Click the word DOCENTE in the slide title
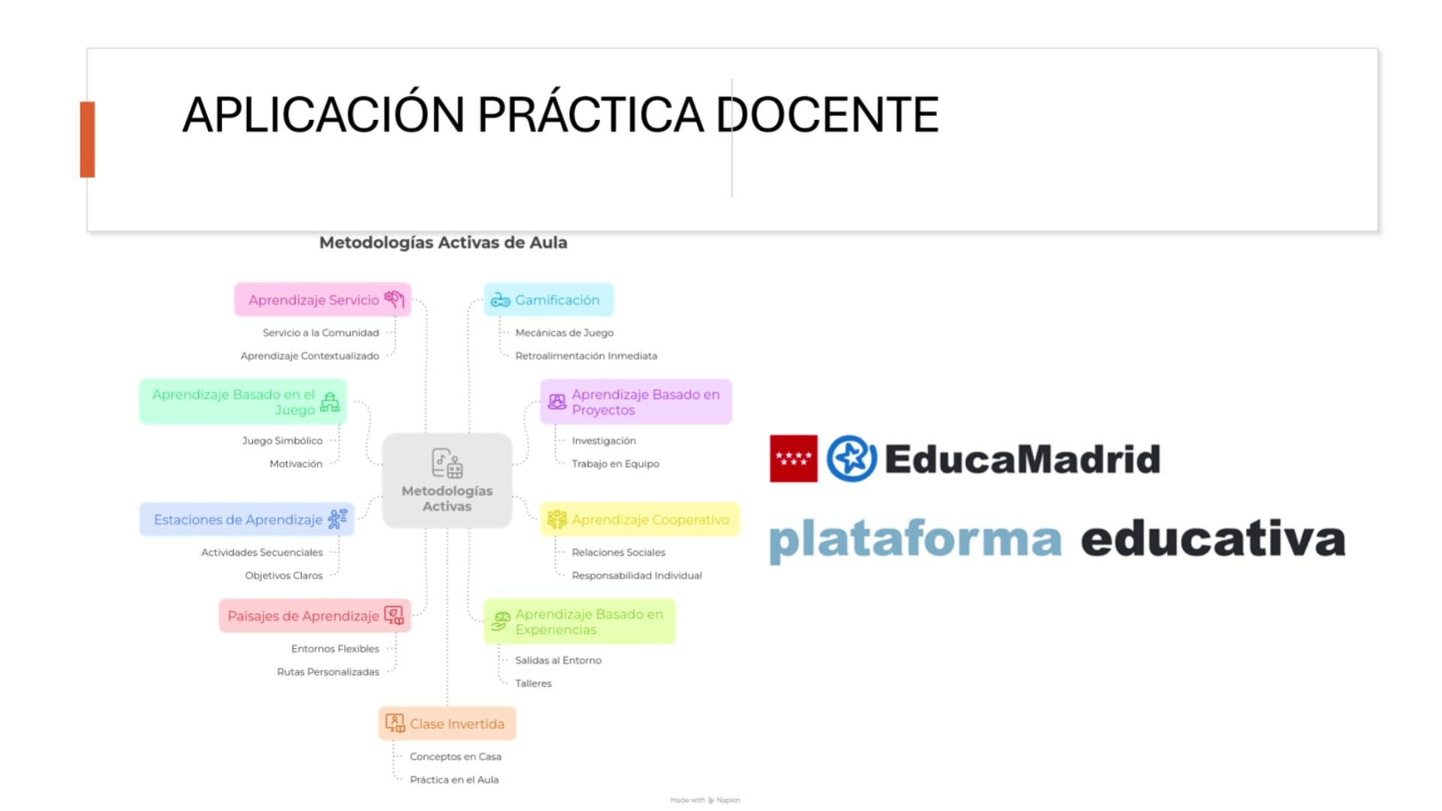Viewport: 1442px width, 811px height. click(828, 115)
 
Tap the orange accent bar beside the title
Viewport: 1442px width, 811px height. click(88, 140)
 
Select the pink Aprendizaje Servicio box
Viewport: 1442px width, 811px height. click(323, 300)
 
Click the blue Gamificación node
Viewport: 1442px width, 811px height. click(548, 300)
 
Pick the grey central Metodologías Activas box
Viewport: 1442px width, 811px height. click(447, 481)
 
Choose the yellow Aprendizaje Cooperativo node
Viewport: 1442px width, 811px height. click(640, 520)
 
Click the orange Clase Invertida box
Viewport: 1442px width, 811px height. click(447, 724)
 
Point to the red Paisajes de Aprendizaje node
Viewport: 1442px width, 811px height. click(315, 616)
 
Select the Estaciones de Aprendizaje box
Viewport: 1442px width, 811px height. click(246, 520)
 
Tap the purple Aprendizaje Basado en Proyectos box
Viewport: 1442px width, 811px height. click(636, 402)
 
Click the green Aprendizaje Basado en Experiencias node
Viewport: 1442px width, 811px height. click(580, 621)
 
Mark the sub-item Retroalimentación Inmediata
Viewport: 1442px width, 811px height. click(586, 356)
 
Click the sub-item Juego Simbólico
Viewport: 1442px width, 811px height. click(282, 441)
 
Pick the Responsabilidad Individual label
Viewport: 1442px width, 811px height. click(637, 575)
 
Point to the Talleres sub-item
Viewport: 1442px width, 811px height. click(533, 683)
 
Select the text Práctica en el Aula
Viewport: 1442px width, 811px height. click(454, 779)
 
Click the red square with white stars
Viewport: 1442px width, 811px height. click(794, 459)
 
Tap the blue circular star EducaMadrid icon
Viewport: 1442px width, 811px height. click(852, 458)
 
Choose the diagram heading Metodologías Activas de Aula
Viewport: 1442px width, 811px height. click(443, 243)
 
